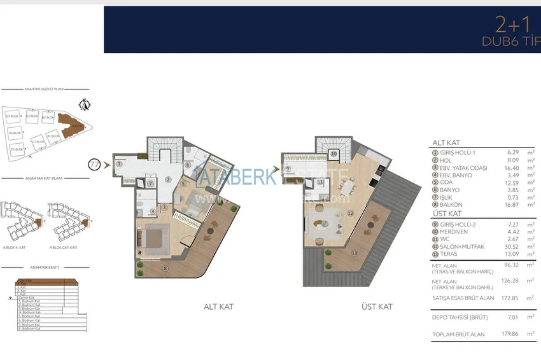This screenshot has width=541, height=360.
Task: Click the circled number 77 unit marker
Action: point(94,164)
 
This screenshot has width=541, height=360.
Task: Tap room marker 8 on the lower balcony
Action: point(166,268)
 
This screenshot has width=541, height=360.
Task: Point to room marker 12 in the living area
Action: point(350,213)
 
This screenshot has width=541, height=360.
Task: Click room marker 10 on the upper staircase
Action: point(334,154)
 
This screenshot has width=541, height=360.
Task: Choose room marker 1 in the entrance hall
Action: point(120,164)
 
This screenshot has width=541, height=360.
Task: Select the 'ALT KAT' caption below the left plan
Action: point(218,307)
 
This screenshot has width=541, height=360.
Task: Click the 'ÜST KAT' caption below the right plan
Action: point(377,307)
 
